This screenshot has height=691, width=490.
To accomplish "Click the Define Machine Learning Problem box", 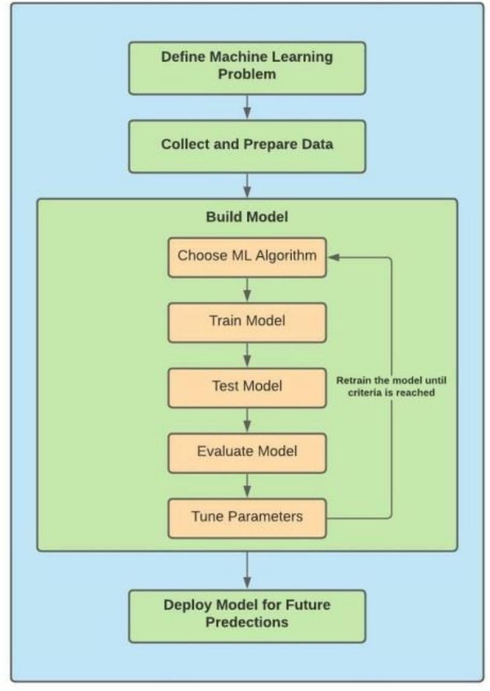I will coord(247,68).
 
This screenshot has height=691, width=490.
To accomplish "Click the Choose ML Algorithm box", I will coord(247,255).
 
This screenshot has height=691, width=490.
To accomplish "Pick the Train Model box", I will coord(247,320).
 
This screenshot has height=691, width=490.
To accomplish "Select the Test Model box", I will coord(247,386).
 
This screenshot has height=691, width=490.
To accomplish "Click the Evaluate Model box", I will coord(247,451).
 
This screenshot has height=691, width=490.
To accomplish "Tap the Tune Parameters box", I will coord(247,517).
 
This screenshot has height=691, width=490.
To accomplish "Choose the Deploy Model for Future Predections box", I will coord(247,613).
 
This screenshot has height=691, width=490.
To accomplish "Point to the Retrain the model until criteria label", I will coord(386,386).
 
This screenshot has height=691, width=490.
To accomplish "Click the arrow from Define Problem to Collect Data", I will coord(247,107).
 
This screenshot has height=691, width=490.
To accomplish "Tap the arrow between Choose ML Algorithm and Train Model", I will coord(247,290).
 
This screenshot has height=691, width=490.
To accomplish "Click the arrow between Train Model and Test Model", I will coord(247,354).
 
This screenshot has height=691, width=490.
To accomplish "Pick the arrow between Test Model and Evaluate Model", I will coord(247,419).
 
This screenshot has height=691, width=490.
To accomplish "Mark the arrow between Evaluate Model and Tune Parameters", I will coord(247,484).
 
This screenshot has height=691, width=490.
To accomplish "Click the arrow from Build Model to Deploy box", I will coord(247,570).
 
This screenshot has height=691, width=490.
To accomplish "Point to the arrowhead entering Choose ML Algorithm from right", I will coord(332,256).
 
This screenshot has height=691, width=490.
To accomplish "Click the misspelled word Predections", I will coord(247,622).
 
